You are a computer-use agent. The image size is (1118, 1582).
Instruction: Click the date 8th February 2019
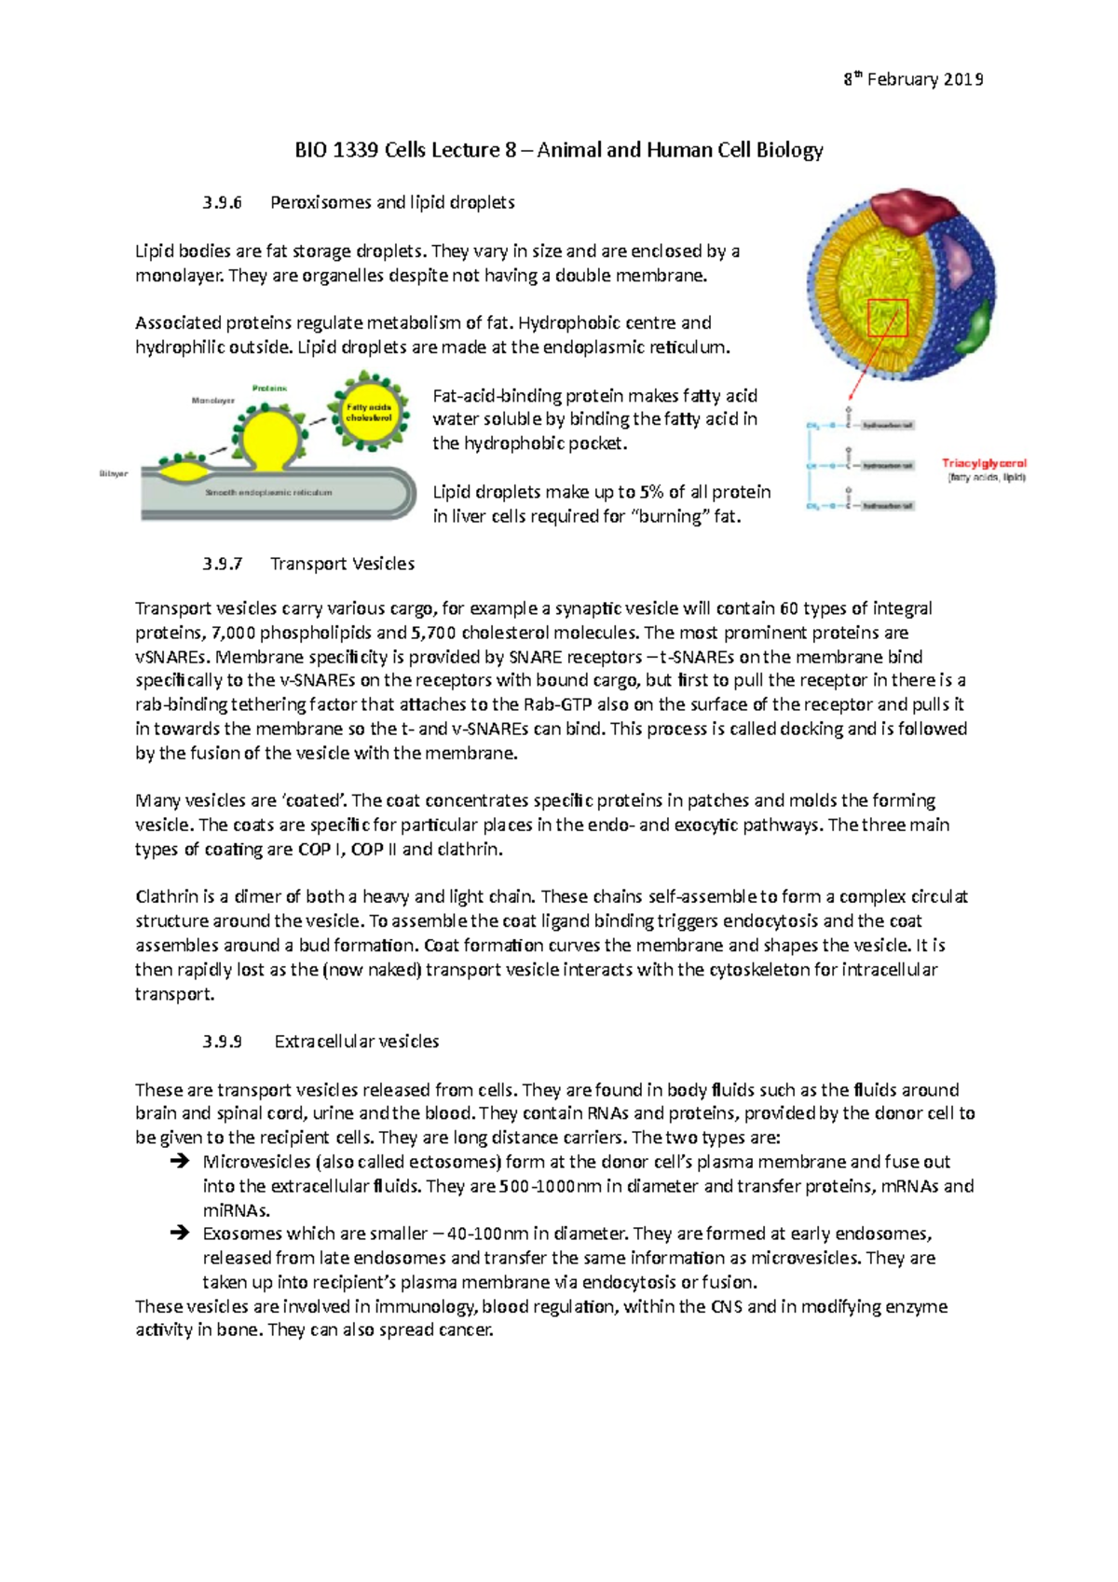913,79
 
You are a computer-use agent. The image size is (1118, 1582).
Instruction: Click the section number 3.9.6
222,202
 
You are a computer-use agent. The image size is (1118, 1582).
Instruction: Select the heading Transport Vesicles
342,564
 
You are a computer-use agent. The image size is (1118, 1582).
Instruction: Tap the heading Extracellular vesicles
356,1042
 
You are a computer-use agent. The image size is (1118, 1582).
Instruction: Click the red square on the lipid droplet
887,318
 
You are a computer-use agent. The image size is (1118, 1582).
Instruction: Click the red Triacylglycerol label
984,463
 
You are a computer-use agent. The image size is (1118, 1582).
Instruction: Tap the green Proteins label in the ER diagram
269,388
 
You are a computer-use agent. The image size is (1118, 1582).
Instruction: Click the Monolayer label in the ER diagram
213,401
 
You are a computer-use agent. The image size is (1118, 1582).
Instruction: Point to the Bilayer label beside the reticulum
114,474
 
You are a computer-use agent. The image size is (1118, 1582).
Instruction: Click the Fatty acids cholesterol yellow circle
369,412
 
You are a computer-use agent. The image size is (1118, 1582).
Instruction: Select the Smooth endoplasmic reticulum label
268,492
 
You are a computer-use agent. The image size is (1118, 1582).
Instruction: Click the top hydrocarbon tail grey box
887,425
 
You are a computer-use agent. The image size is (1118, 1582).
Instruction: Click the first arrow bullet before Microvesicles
179,1162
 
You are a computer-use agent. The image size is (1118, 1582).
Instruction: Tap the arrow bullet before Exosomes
179,1234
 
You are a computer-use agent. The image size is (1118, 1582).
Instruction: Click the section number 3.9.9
222,1042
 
